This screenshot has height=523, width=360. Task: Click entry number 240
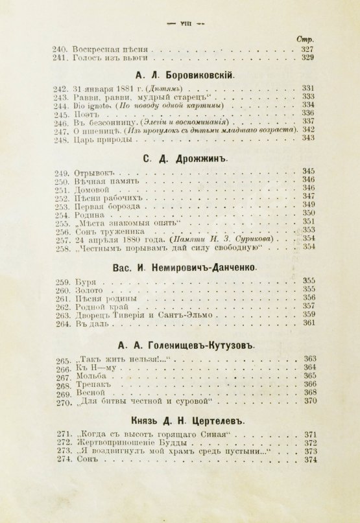click(59, 49)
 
